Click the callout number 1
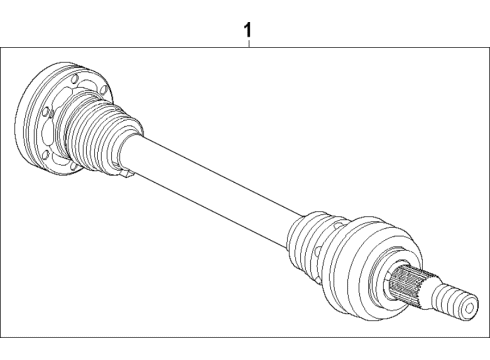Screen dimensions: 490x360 pos(247,31)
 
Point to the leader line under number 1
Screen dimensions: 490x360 pos(247,43)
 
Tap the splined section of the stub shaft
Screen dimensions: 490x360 pos(411,286)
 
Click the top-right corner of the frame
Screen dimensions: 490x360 pos(489,46)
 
